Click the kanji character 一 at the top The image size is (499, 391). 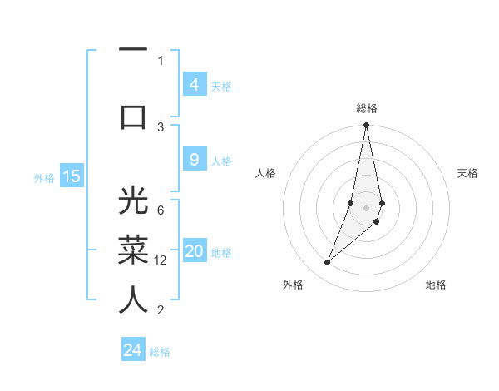pyautogui.click(x=133, y=50)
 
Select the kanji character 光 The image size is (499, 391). pyautogui.click(x=133, y=202)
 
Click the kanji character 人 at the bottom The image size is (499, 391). pyautogui.click(x=133, y=299)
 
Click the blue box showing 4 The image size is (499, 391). pyautogui.click(x=195, y=84)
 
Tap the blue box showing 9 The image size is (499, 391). pyautogui.click(x=195, y=160)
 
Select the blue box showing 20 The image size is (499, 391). pyautogui.click(x=195, y=252)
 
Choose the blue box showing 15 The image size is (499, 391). pyautogui.click(x=72, y=176)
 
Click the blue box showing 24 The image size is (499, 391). pyautogui.click(x=133, y=350)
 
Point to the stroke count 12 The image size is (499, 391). pyautogui.click(x=161, y=260)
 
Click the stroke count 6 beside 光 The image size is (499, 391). pyautogui.click(x=161, y=210)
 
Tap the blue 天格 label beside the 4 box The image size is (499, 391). pyautogui.click(x=221, y=86)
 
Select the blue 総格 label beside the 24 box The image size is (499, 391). pyautogui.click(x=160, y=352)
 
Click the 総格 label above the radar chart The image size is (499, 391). pyautogui.click(x=367, y=108)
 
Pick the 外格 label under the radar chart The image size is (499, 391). pyautogui.click(x=293, y=285)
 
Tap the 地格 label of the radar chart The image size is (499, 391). pyautogui.click(x=436, y=285)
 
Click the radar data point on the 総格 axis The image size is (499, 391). pyautogui.click(x=366, y=126)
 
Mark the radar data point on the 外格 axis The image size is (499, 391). pyautogui.click(x=328, y=263)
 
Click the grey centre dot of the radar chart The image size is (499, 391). pyautogui.click(x=366, y=207)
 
